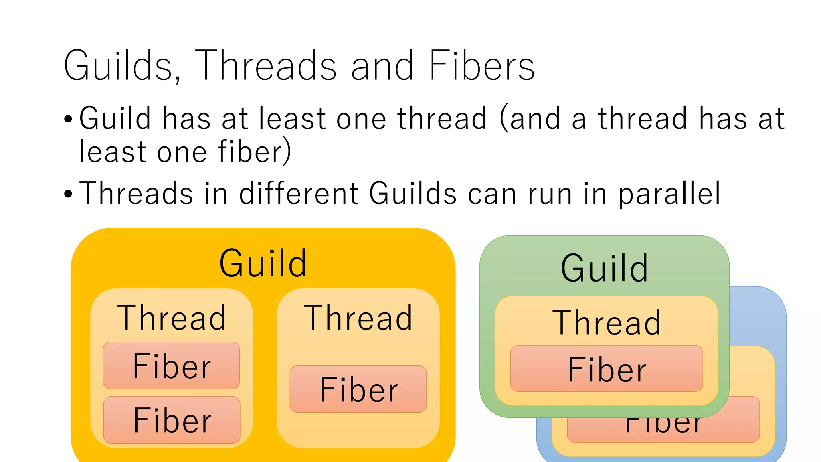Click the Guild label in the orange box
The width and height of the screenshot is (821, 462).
(x=263, y=263)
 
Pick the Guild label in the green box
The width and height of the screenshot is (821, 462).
(x=604, y=268)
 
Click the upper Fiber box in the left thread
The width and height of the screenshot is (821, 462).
(x=172, y=366)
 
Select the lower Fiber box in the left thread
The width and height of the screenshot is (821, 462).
(x=172, y=420)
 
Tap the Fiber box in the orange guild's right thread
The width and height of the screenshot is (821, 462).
(x=358, y=389)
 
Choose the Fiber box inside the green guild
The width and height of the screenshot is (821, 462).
(x=607, y=369)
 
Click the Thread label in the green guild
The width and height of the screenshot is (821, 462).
(x=607, y=323)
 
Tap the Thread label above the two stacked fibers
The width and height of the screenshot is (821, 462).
(x=172, y=318)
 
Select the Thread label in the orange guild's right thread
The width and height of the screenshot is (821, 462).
(x=358, y=318)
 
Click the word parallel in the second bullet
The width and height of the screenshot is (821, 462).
(x=669, y=194)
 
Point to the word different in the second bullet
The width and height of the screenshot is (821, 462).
(x=299, y=194)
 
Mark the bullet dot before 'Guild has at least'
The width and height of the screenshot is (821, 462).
(x=68, y=119)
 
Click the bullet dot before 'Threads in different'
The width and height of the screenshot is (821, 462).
(x=68, y=194)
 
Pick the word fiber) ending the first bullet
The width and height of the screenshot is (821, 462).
(x=254, y=152)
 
